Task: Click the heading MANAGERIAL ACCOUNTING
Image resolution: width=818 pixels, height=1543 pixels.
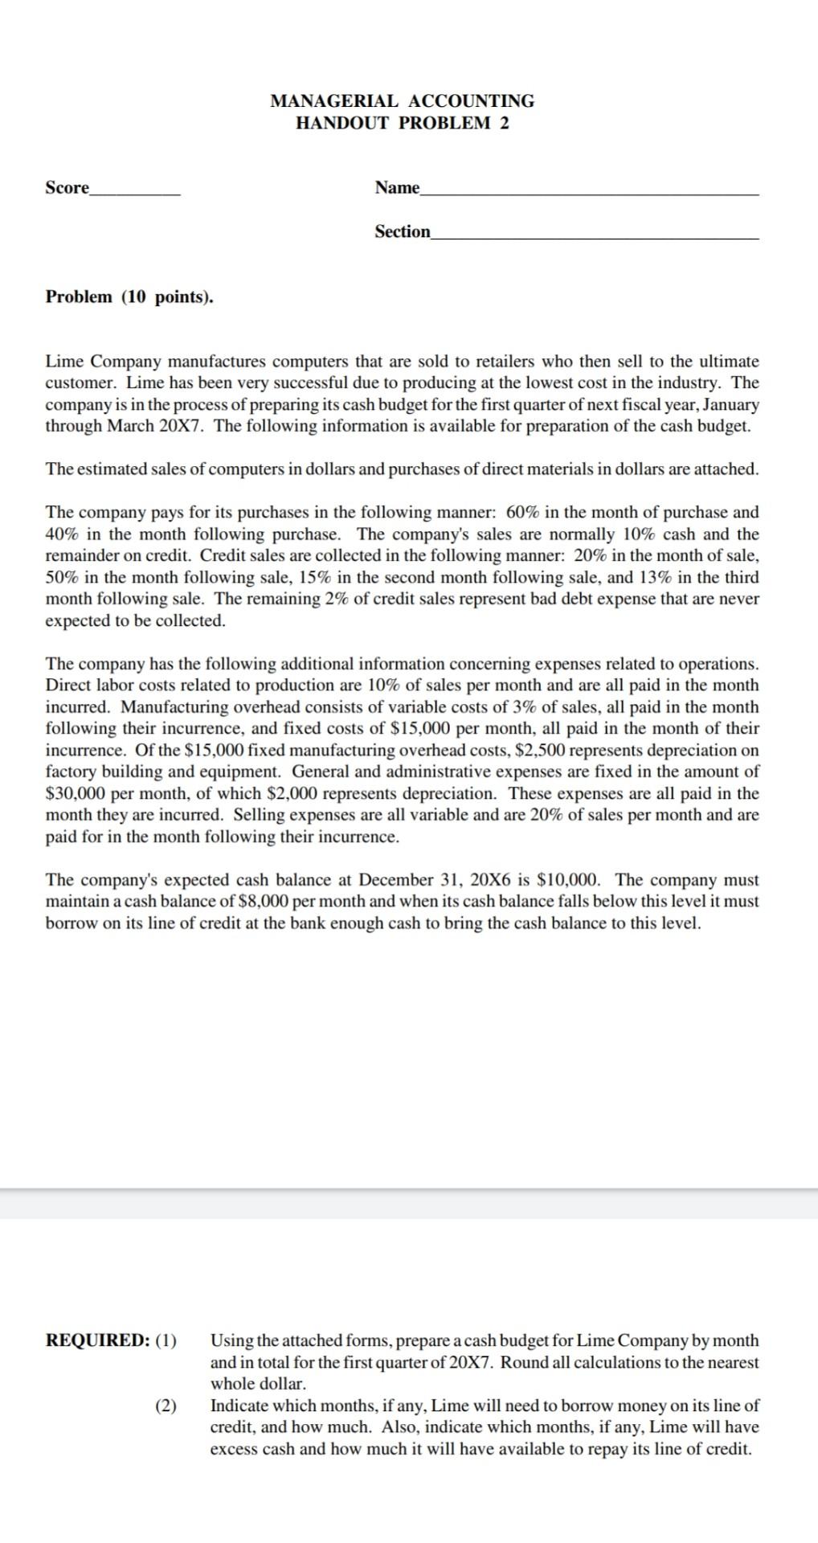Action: coord(402,101)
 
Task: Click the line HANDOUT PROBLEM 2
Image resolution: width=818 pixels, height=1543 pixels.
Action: coord(402,123)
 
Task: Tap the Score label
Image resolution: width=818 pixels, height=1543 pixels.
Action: coord(67,188)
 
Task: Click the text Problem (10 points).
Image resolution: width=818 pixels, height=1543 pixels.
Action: coord(129,297)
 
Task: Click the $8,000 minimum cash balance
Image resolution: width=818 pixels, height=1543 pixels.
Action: coord(265,902)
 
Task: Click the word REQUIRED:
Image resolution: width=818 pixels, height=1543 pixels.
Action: coord(97,1340)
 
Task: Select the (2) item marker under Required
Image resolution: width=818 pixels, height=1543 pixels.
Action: coord(166,1406)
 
